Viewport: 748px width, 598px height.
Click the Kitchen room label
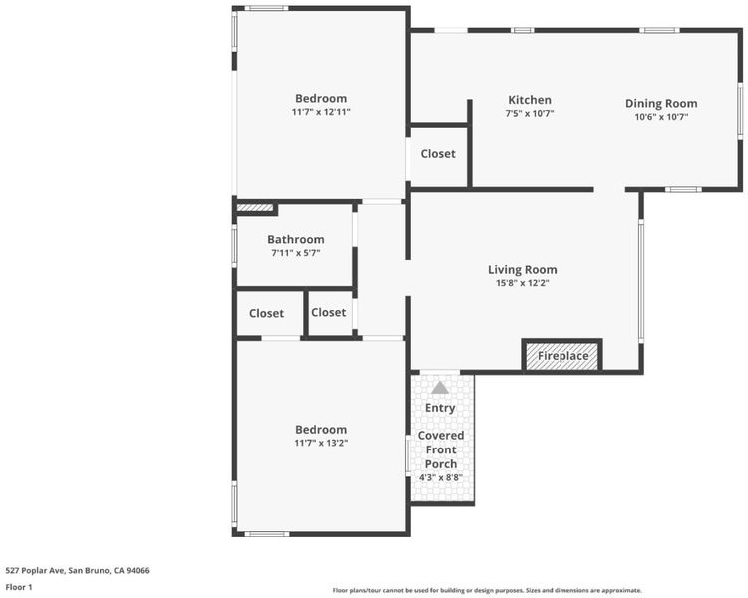click(x=529, y=100)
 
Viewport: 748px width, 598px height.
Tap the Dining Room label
click(x=661, y=103)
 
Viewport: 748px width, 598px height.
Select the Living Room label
click(x=522, y=270)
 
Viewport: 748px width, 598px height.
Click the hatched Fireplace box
click(x=562, y=356)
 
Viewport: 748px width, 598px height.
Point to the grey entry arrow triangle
click(x=440, y=388)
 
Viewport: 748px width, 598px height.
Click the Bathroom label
click(x=296, y=239)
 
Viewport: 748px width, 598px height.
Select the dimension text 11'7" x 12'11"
click(x=321, y=112)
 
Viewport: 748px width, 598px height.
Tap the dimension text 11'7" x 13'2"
click(x=321, y=443)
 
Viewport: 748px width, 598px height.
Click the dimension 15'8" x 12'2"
click(x=523, y=283)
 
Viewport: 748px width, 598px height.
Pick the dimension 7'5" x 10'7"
click(x=529, y=113)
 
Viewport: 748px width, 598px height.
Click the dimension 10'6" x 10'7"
click(x=661, y=117)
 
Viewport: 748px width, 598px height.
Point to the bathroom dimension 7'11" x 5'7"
click(x=296, y=253)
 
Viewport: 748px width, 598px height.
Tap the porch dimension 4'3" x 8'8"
click(x=440, y=477)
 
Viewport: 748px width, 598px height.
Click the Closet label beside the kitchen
click(x=438, y=154)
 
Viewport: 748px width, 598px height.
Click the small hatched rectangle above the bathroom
click(x=255, y=208)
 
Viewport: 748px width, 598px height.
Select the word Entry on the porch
click(x=440, y=408)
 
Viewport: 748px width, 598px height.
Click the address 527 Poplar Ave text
click(x=77, y=570)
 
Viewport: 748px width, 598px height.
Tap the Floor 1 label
click(x=19, y=587)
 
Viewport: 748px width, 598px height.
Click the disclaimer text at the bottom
click(x=487, y=590)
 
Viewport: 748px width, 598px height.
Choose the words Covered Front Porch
click(x=440, y=449)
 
